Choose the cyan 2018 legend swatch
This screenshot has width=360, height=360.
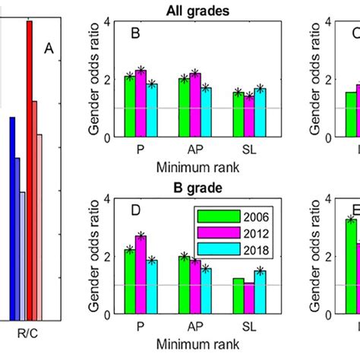(x=210, y=248)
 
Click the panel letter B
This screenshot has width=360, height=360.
(x=135, y=33)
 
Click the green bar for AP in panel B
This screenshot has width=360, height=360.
(x=184, y=107)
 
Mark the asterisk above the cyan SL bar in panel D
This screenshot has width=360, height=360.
(x=261, y=270)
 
